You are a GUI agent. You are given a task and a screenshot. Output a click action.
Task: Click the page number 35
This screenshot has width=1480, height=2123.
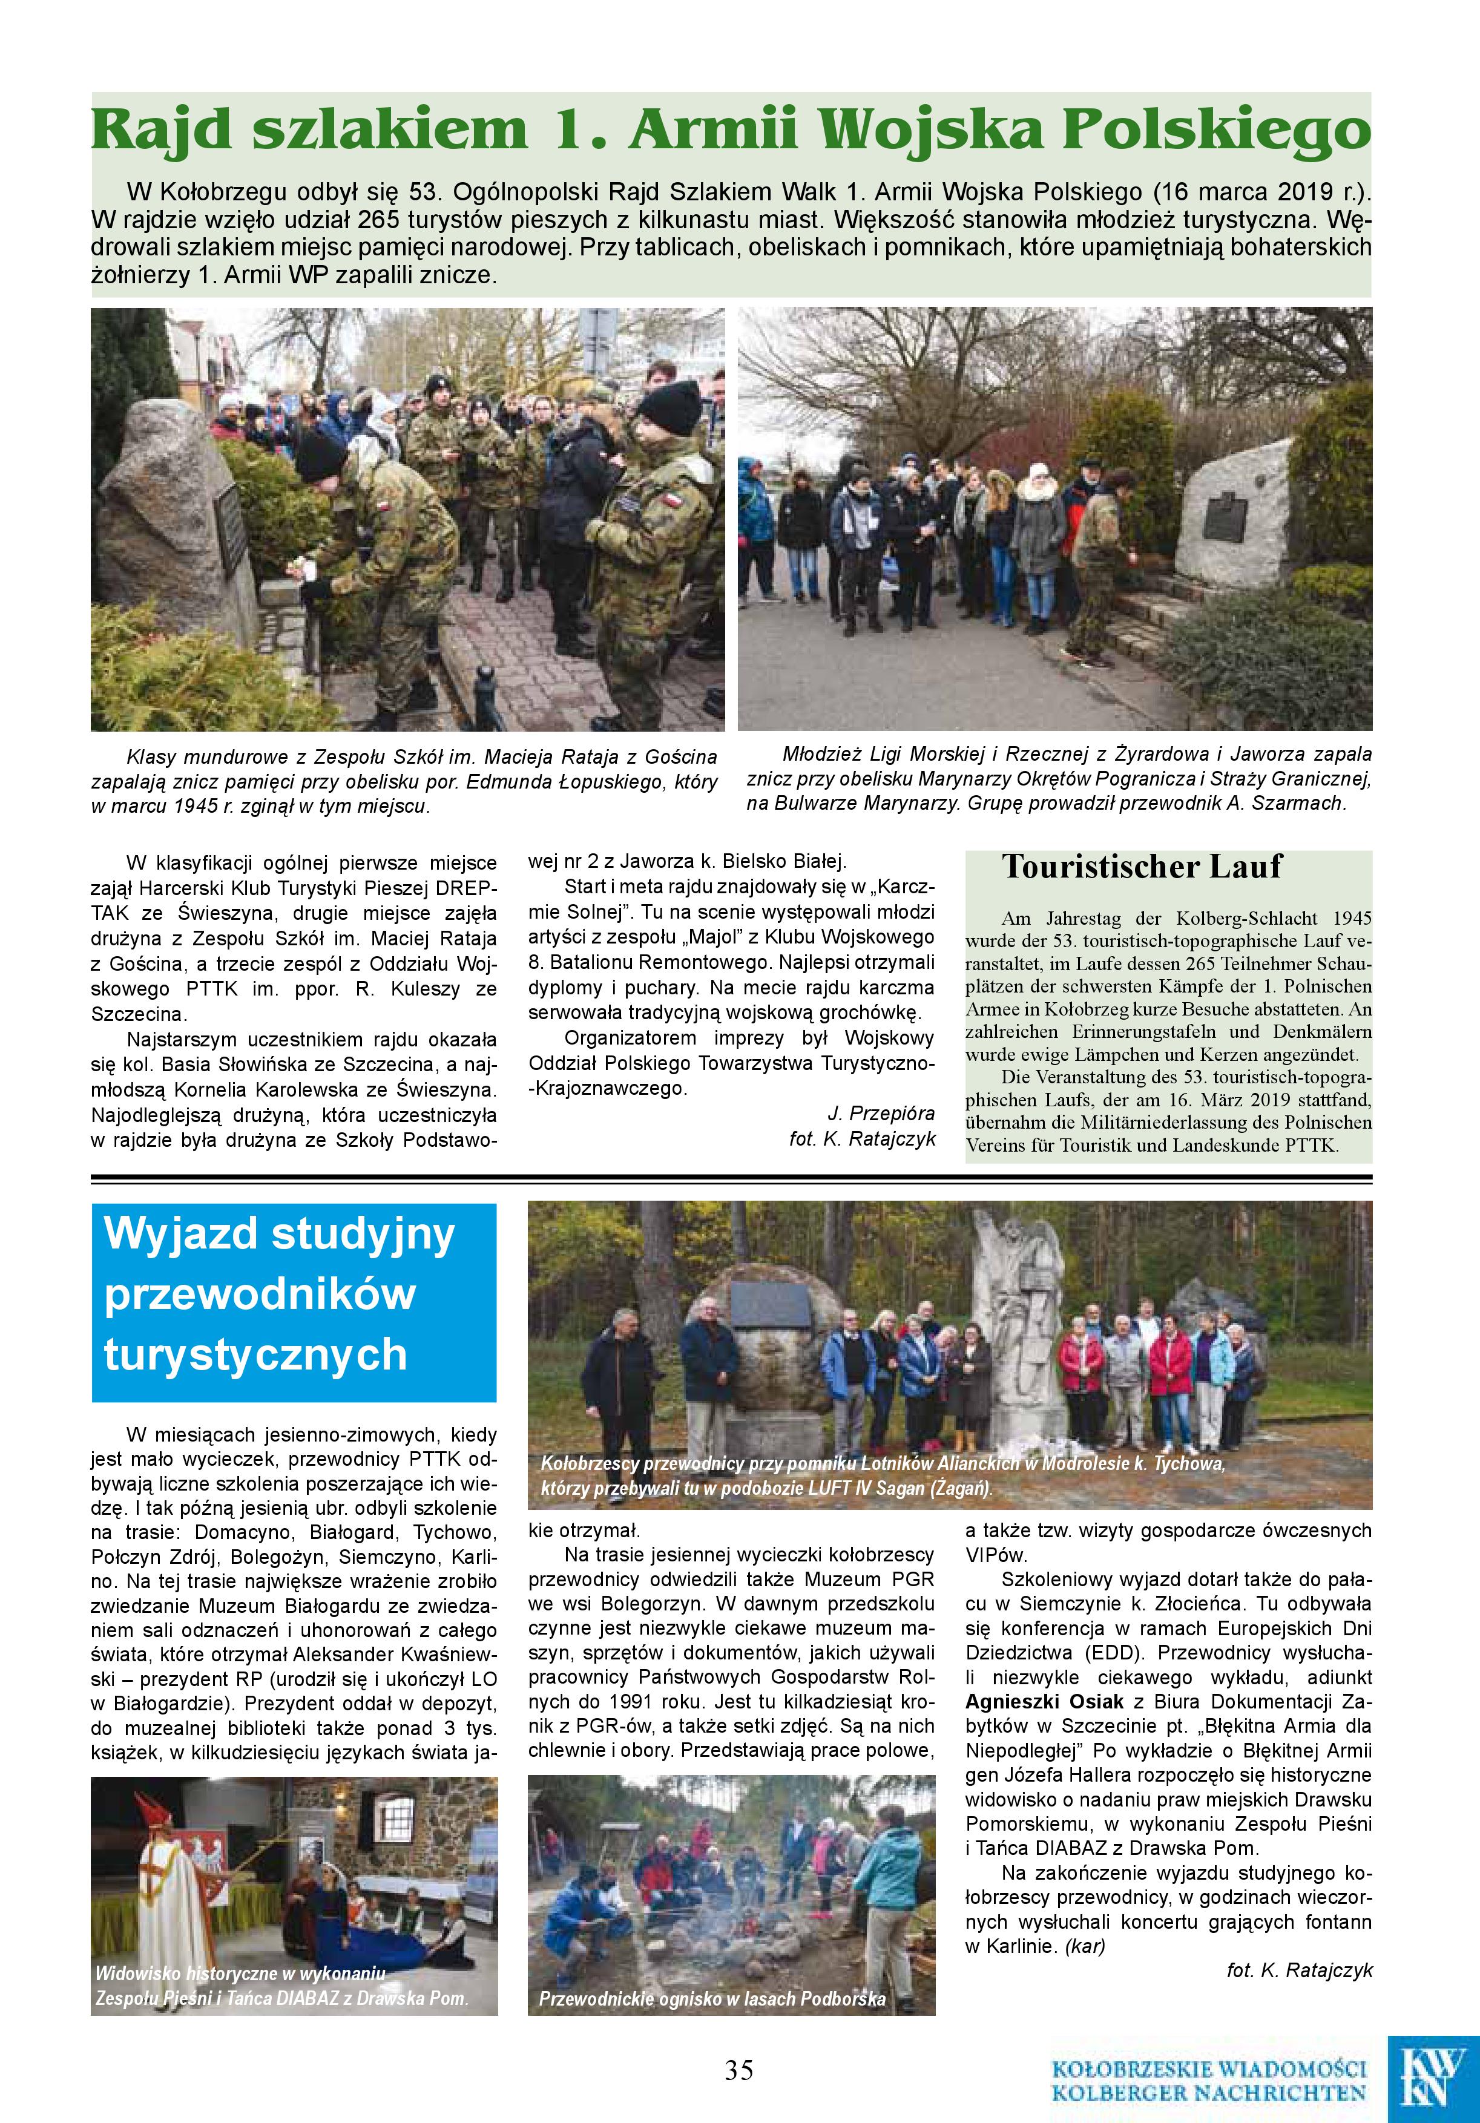pos(739,2069)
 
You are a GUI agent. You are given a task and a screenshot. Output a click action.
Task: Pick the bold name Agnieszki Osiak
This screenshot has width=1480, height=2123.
pos(1044,1701)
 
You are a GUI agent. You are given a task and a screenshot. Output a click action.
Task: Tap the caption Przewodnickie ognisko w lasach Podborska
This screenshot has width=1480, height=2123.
pos(712,1999)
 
